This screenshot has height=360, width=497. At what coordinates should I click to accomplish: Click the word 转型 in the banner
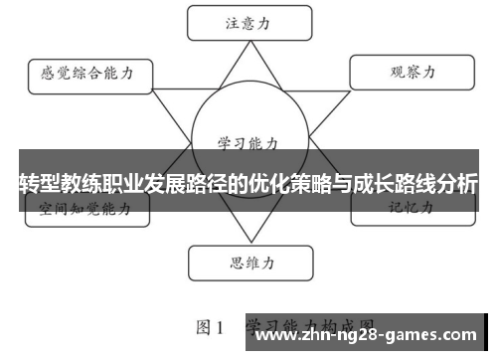(38, 184)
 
